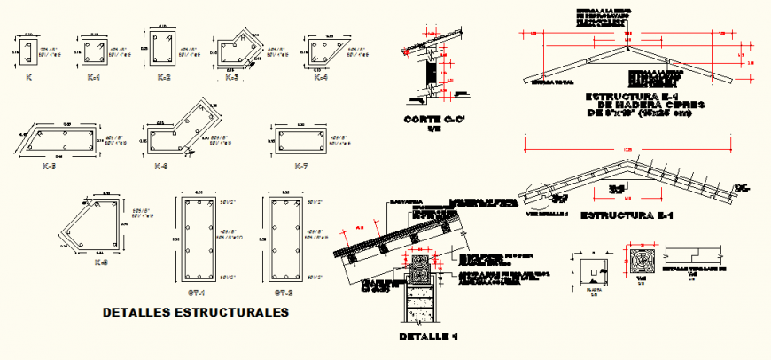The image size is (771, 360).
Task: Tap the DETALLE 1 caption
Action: (428, 337)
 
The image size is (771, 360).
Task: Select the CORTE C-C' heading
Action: (433, 120)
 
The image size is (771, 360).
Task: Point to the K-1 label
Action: (94, 78)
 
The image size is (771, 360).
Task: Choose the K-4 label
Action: (320, 79)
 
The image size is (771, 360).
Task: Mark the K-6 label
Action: (162, 166)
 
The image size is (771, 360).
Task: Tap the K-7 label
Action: (300, 166)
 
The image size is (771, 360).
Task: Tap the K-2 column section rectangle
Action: (163, 49)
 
